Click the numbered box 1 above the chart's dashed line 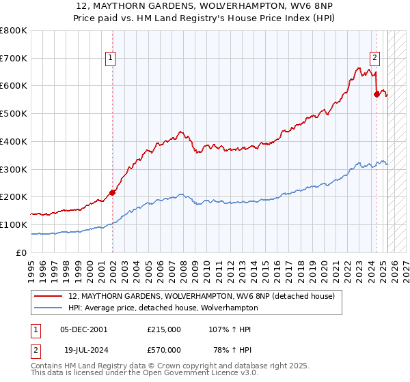pyautogui.click(x=110, y=59)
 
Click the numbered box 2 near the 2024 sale pyautogui.click(x=375, y=59)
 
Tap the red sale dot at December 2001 pyautogui.click(x=113, y=192)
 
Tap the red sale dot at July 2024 pyautogui.click(x=377, y=94)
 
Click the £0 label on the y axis pyautogui.click(x=22, y=252)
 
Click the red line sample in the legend pyautogui.click(x=49, y=297)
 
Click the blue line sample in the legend pyautogui.click(x=49, y=308)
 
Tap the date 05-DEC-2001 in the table pyautogui.click(x=84, y=329)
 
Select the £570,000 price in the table pyautogui.click(x=164, y=350)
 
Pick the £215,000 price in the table pyautogui.click(x=164, y=329)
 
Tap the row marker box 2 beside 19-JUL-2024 pyautogui.click(x=33, y=350)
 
